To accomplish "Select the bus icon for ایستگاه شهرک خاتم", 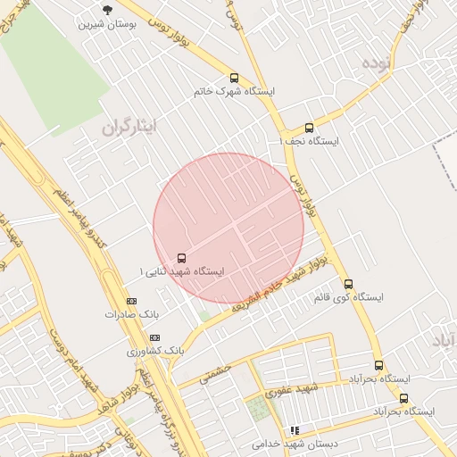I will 235,78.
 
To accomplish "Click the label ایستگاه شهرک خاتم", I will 235,91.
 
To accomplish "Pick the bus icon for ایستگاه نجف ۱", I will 309,128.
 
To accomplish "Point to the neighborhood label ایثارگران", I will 130,128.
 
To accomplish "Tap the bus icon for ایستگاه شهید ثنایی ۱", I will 183,258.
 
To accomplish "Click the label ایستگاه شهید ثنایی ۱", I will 182,271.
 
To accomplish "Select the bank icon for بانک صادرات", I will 132,302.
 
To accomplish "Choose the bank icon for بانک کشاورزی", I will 154,337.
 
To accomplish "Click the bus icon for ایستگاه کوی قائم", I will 348,284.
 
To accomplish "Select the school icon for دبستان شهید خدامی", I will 295,430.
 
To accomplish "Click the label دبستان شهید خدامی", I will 285,444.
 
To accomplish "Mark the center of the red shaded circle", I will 228,228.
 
